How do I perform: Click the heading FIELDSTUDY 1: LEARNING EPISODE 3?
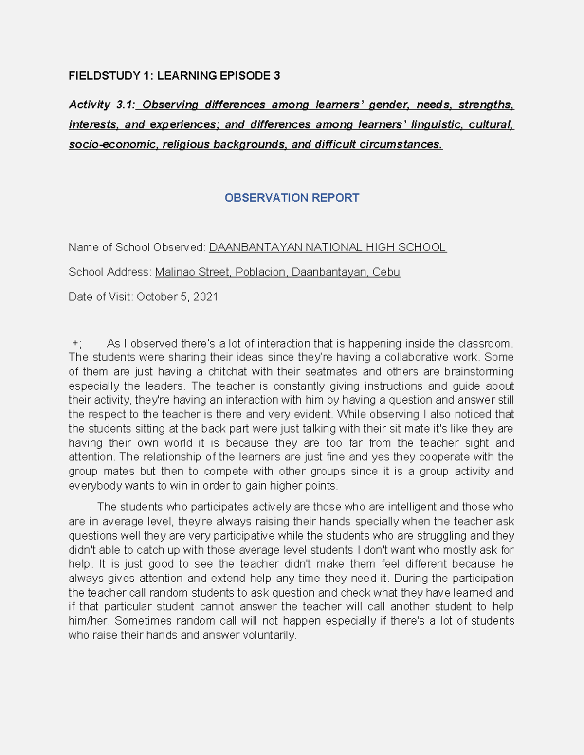coord(174,76)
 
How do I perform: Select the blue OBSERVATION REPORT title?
coord(292,198)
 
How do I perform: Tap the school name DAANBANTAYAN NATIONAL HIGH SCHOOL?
coord(327,247)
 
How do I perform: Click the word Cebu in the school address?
coord(386,272)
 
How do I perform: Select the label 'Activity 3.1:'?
coord(102,105)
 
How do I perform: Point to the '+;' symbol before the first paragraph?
coord(76,343)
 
